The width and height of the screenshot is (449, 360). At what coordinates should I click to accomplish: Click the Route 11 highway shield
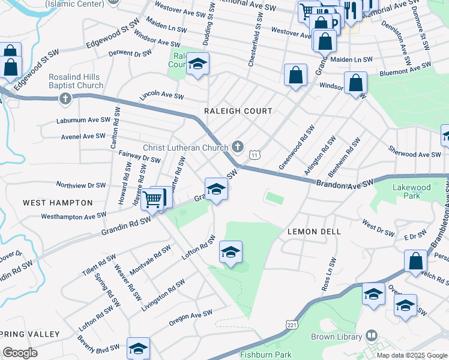255,155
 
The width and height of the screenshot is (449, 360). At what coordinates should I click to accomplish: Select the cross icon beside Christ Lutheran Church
238,146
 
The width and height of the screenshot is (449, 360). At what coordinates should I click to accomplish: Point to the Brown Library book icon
372,335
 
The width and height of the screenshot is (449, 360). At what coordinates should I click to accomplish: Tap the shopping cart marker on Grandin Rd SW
154,199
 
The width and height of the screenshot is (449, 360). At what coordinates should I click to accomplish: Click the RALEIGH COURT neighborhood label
238,111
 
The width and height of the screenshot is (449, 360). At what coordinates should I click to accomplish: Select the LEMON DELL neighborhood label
314,232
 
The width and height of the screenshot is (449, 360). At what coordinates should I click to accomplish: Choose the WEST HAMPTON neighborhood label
58,203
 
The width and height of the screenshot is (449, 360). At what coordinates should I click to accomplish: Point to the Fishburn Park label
265,355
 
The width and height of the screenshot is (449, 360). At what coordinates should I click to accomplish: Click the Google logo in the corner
20,352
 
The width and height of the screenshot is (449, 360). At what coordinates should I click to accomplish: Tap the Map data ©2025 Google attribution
412,355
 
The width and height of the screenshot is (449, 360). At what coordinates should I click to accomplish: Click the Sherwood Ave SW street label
414,155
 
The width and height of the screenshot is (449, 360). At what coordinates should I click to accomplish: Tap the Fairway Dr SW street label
139,157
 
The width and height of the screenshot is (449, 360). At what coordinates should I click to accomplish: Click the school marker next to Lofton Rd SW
230,253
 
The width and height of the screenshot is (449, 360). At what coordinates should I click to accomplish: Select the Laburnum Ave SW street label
83,120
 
